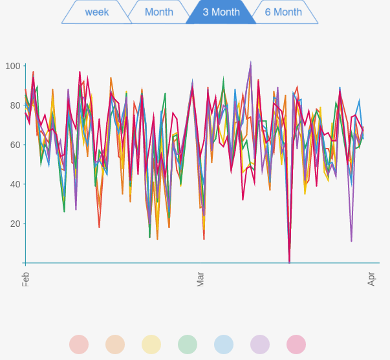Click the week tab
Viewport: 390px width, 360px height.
pos(97,12)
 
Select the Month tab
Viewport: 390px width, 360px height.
pos(159,12)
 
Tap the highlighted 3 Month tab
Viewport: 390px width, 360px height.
pos(221,12)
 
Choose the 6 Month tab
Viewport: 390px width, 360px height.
pos(283,12)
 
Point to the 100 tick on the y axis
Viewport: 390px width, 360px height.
pos(13,66)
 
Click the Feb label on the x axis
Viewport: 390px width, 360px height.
pos(26,279)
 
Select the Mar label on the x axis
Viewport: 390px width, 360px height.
pos(200,279)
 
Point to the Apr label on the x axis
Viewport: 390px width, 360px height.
pos(372,279)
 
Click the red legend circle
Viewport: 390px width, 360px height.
pos(79,344)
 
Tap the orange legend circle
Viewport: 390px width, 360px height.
pos(115,344)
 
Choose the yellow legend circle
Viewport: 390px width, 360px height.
pos(151,344)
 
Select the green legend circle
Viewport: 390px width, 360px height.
pos(188,344)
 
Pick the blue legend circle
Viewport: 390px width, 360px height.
pos(224,344)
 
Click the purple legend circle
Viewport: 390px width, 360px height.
pos(260,344)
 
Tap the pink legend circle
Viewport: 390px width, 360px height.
pos(296,344)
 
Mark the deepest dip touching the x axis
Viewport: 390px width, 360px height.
pos(289,262)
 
